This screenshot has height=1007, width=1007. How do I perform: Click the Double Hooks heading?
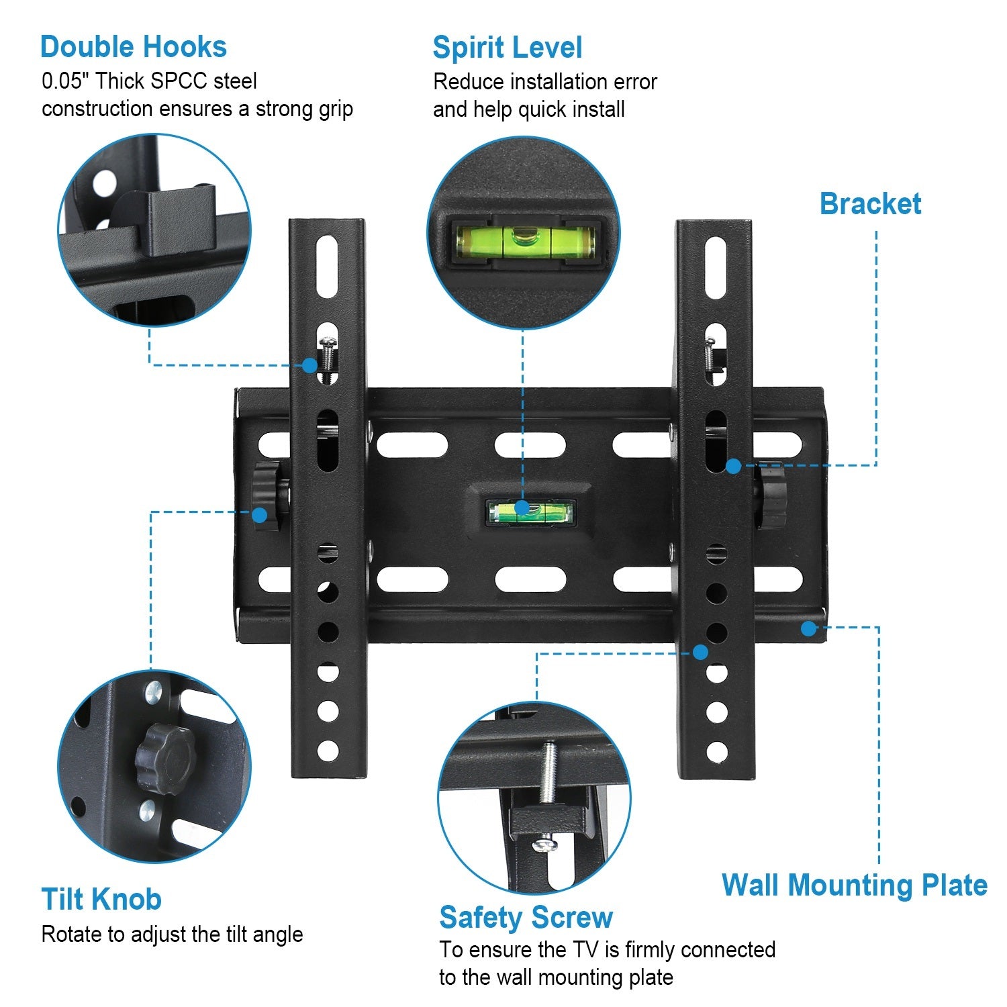[133, 47]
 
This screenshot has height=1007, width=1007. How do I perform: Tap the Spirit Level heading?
[507, 48]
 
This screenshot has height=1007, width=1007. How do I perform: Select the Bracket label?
[870, 204]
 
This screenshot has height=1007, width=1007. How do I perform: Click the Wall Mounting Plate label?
[854, 885]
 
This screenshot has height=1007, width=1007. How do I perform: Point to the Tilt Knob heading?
[101, 899]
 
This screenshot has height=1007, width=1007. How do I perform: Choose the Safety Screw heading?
[526, 917]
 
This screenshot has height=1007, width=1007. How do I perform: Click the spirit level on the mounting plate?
[530, 512]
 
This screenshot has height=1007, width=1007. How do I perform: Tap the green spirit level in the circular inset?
[525, 242]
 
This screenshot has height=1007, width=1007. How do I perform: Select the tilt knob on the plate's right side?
[771, 496]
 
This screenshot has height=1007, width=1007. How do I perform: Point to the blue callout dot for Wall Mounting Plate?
[809, 628]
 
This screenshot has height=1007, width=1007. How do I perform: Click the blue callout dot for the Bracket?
[733, 466]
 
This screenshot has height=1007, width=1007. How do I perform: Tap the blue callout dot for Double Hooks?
[309, 365]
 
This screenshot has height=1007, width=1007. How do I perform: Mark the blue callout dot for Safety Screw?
[700, 652]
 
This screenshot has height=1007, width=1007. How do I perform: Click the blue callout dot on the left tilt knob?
[259, 515]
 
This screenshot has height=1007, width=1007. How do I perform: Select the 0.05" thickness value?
[66, 81]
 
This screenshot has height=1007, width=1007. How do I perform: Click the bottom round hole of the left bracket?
[328, 751]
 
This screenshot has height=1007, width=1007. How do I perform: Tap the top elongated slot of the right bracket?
[716, 267]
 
